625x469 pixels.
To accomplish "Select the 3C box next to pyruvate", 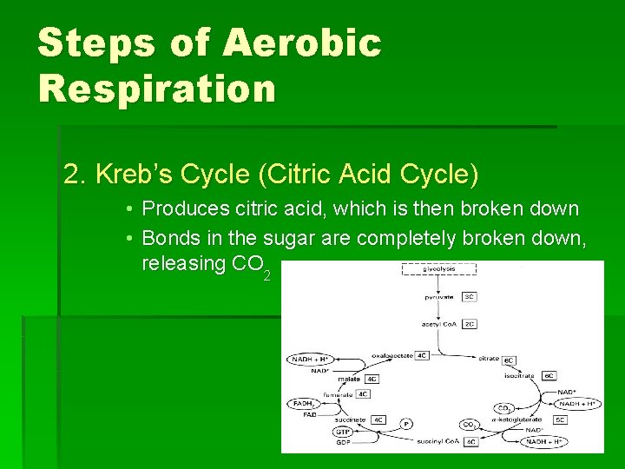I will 469,296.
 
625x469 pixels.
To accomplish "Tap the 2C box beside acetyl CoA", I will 469,324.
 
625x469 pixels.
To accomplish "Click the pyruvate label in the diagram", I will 438,296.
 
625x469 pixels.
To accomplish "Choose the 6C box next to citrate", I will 510,359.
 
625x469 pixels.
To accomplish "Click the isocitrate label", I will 520,375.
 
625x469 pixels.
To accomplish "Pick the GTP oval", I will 344,432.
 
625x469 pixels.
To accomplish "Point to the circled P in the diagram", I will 405,424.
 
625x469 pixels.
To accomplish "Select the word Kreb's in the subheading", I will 129,175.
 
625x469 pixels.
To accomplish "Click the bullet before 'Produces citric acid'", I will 128,209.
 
